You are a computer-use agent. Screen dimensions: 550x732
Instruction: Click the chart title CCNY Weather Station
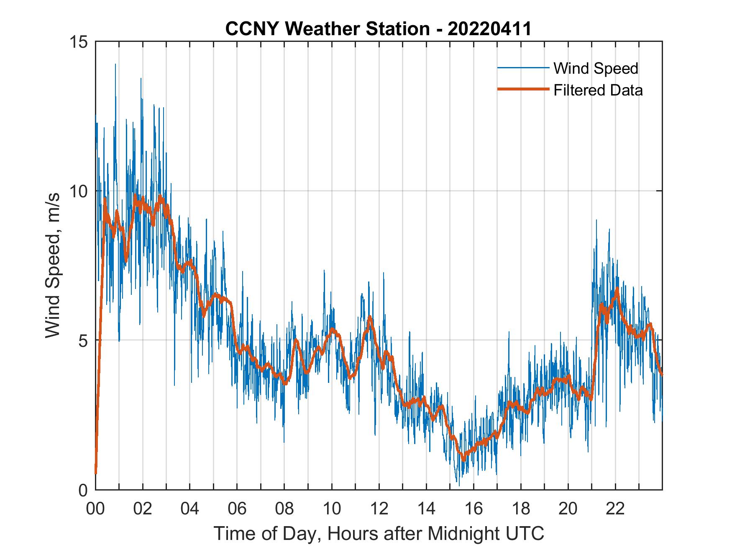(x=327, y=29)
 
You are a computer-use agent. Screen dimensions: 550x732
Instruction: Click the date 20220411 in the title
(x=489, y=29)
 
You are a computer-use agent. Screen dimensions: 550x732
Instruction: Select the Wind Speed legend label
(x=596, y=68)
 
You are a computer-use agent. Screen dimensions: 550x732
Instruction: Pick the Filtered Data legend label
(x=598, y=90)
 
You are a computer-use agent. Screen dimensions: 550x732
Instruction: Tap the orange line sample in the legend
(x=523, y=90)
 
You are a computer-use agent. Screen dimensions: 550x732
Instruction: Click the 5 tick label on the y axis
(x=83, y=341)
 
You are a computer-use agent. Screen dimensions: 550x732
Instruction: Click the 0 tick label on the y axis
(x=83, y=490)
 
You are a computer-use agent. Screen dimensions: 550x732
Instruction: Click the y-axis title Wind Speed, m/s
(x=53, y=266)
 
